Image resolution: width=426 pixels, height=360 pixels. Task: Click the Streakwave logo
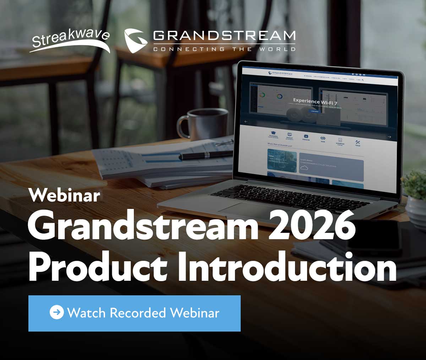70,40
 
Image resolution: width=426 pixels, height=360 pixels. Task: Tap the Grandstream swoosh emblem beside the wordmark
136,41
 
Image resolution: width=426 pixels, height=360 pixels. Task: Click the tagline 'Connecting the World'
224,49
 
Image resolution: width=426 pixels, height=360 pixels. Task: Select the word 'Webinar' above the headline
64,195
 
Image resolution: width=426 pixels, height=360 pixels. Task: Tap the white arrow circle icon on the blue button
56,313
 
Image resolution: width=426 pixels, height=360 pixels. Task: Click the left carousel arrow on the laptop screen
246,122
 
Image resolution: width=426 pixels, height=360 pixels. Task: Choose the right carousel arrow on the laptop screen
389,137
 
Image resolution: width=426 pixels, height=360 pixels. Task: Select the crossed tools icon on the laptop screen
357,143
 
